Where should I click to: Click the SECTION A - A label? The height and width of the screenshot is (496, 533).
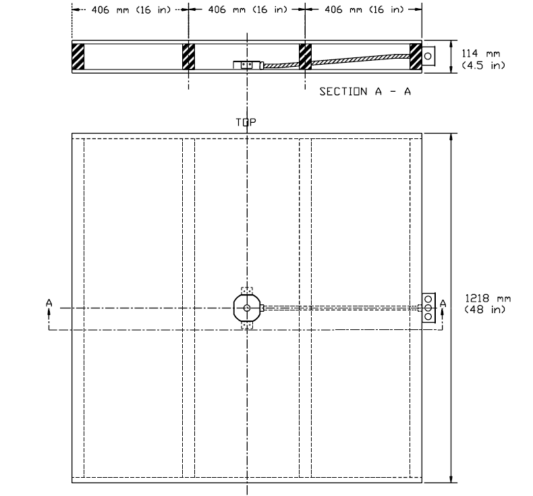tap(365, 92)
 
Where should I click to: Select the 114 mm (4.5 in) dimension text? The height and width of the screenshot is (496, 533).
tap(482, 58)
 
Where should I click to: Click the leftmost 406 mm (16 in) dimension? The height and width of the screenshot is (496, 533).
tap(130, 9)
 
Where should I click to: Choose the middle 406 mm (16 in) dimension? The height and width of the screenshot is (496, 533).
tap(247, 9)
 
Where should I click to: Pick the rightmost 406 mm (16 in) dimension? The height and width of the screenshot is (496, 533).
tap(364, 9)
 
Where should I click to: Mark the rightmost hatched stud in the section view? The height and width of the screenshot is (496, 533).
tap(416, 57)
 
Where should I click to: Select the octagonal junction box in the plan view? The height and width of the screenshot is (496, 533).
tap(247, 308)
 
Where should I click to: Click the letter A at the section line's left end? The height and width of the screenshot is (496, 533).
tap(49, 304)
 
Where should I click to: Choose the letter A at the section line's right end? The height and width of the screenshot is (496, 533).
tap(443, 304)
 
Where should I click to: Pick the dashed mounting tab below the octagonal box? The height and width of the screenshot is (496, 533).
tap(247, 327)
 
